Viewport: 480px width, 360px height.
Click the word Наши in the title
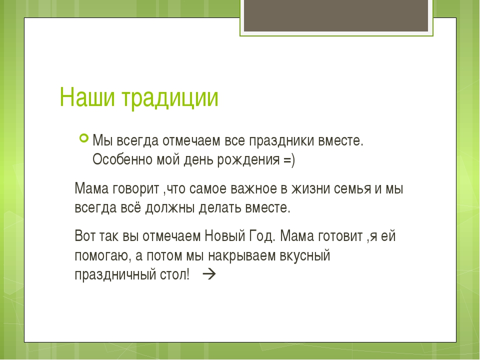(x=87, y=97)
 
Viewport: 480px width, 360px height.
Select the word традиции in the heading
(x=170, y=98)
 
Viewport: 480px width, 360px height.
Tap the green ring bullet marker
(x=84, y=138)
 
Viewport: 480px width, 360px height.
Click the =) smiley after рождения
(x=289, y=160)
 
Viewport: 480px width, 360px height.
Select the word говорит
(x=136, y=189)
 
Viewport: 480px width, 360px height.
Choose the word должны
(x=170, y=208)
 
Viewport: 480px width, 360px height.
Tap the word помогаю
(x=101, y=256)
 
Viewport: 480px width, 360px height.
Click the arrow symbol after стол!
(x=209, y=274)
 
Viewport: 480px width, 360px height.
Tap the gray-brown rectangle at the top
(x=336, y=15)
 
